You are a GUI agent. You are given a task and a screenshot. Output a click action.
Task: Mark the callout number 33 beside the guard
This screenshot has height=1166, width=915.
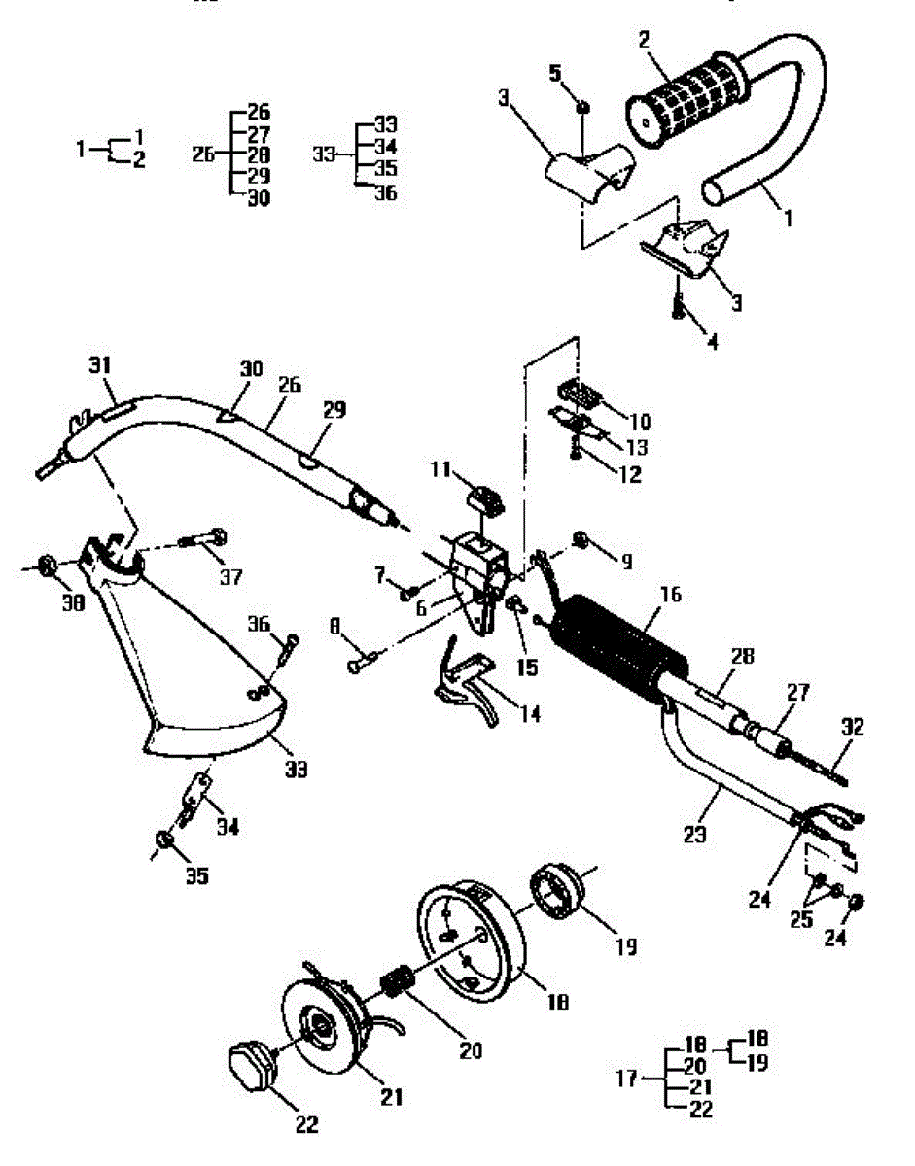pos(296,770)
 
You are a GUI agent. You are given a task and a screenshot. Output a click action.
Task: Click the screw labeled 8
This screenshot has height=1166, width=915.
pos(362,665)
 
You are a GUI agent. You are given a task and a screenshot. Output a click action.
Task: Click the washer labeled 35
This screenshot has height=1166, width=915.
pos(162,839)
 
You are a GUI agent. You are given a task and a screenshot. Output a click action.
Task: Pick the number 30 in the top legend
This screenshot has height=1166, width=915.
pos(258,198)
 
